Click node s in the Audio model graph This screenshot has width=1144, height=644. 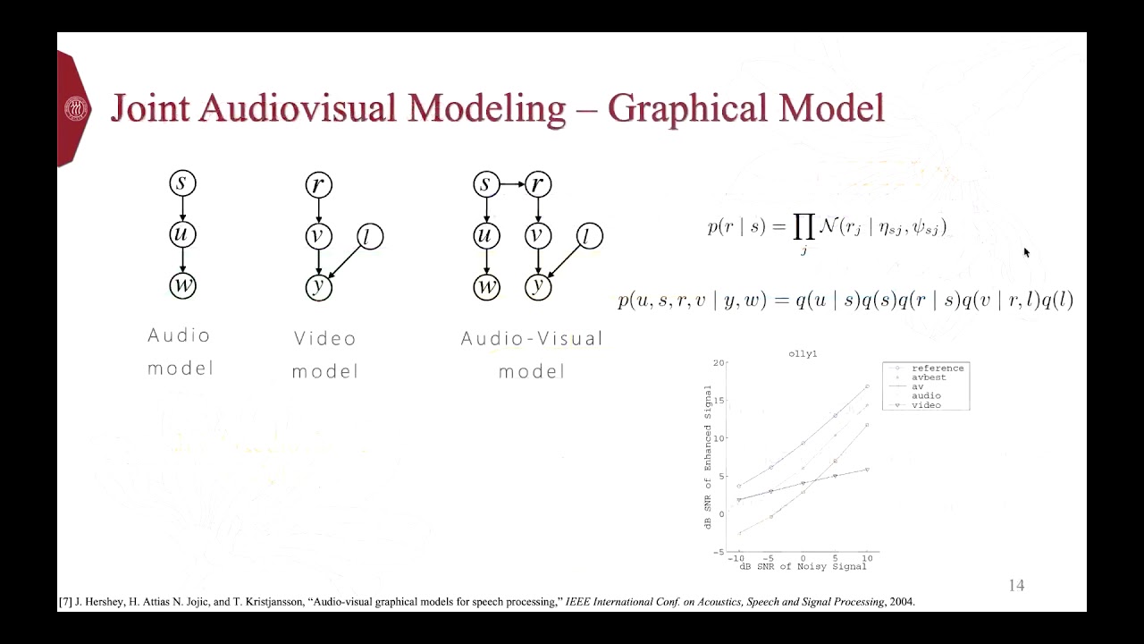[182, 183]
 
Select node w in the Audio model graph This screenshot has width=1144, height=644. [182, 285]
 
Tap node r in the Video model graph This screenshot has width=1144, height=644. [318, 185]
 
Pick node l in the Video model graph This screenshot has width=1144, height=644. [370, 236]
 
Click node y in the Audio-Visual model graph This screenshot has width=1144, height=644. [537, 286]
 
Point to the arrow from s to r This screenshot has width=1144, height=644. [511, 184]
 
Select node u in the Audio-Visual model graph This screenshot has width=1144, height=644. [486, 235]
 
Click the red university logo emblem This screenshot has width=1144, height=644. [76, 109]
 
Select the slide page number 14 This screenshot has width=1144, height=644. [1016, 586]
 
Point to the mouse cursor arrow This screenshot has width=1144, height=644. [1027, 252]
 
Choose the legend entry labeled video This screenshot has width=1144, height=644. [926, 405]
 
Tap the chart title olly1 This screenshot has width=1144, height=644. [803, 354]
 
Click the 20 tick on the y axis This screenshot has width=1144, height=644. [719, 363]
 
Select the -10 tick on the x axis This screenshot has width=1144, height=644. [738, 558]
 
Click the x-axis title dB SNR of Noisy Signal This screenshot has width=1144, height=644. [803, 566]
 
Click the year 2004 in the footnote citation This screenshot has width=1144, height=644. [901, 602]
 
